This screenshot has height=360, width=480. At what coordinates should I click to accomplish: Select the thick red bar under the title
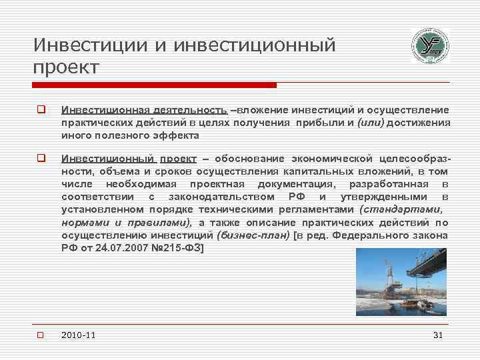click(x=154, y=85)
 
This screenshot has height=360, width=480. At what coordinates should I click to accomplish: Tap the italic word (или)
click(x=371, y=122)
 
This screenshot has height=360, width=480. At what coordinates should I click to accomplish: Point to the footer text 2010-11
click(x=78, y=335)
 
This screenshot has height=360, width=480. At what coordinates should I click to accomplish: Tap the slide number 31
click(x=437, y=335)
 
